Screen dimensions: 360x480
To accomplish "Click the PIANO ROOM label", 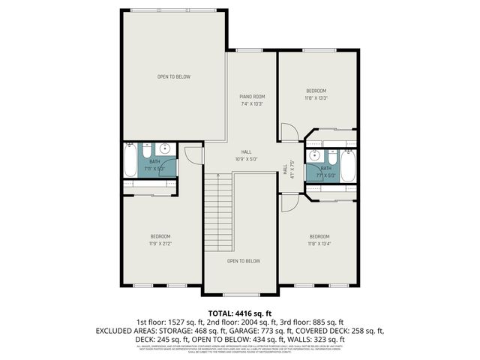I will point(252,97).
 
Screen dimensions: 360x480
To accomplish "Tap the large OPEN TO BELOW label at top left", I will point(173,76).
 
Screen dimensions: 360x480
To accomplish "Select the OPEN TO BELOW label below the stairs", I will point(244,261).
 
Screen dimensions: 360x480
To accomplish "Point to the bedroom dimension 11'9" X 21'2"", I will point(160,243).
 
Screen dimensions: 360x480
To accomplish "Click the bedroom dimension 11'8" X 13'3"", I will point(316,97).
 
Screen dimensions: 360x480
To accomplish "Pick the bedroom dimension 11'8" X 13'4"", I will point(319,243).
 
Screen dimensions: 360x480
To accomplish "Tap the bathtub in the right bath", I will point(347,166).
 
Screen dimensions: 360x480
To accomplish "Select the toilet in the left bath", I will point(148,148).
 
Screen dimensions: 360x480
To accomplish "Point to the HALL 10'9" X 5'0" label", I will point(246,155).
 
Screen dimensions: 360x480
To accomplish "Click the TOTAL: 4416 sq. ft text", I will point(239,313).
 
